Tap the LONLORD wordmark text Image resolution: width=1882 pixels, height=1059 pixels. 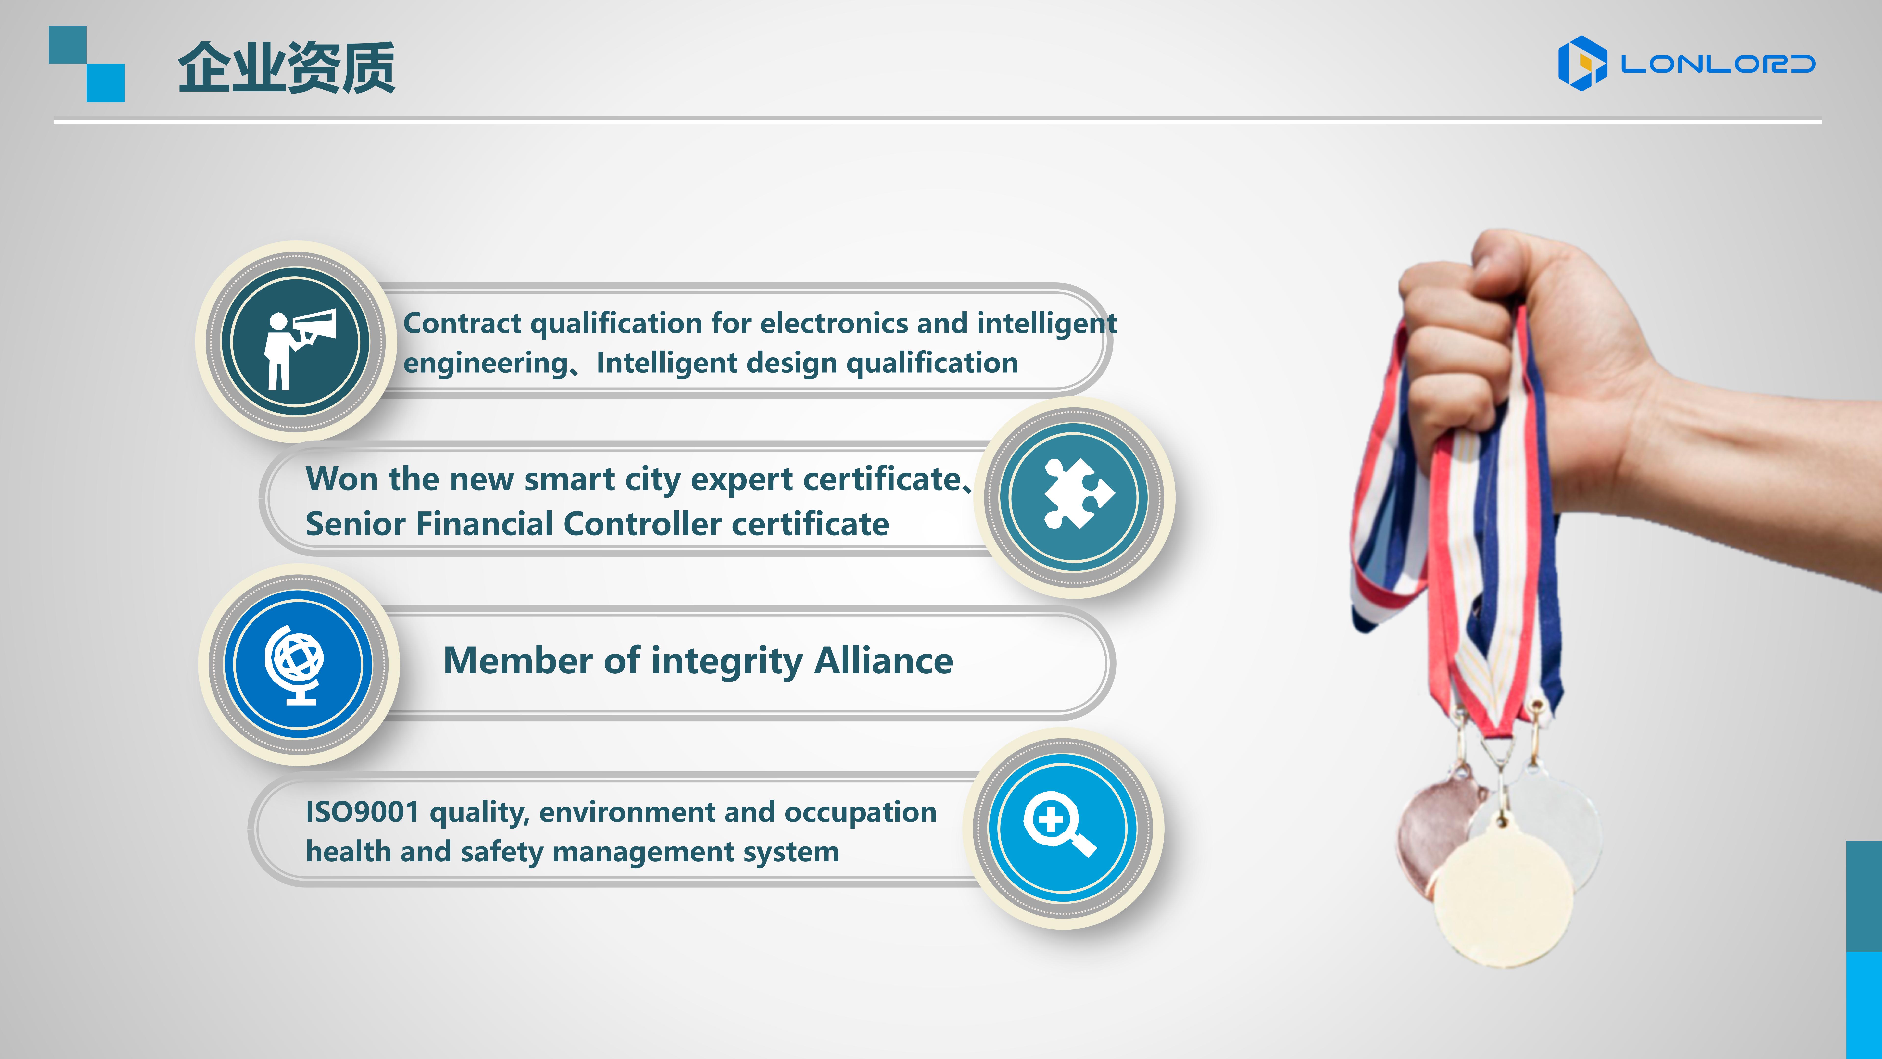tap(1718, 64)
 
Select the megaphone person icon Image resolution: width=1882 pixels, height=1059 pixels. tap(300, 349)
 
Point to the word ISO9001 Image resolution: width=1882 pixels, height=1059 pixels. tap(362, 812)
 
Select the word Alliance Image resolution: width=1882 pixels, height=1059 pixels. tap(883, 661)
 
